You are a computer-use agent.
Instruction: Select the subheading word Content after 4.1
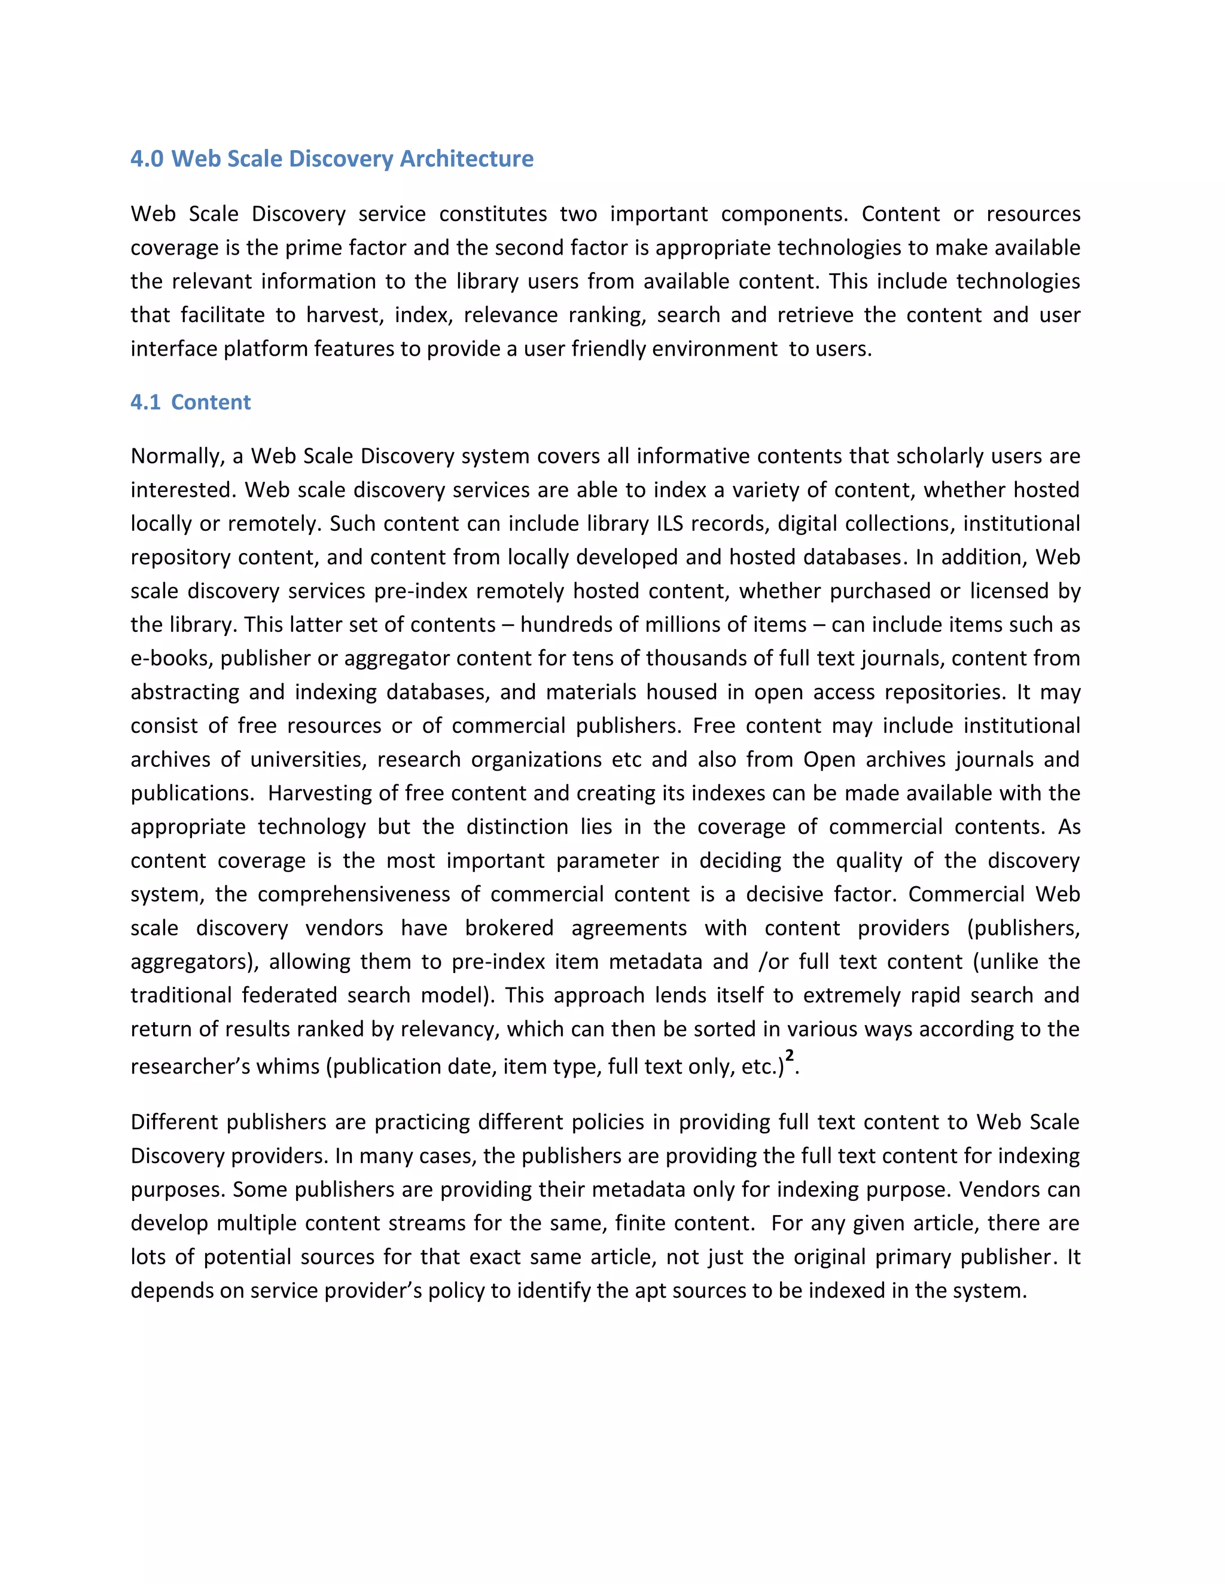(211, 402)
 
